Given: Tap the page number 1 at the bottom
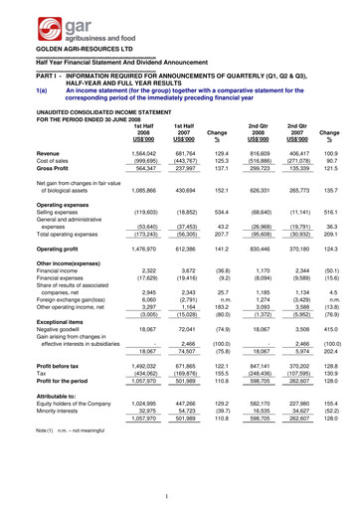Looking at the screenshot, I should [180, 495].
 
